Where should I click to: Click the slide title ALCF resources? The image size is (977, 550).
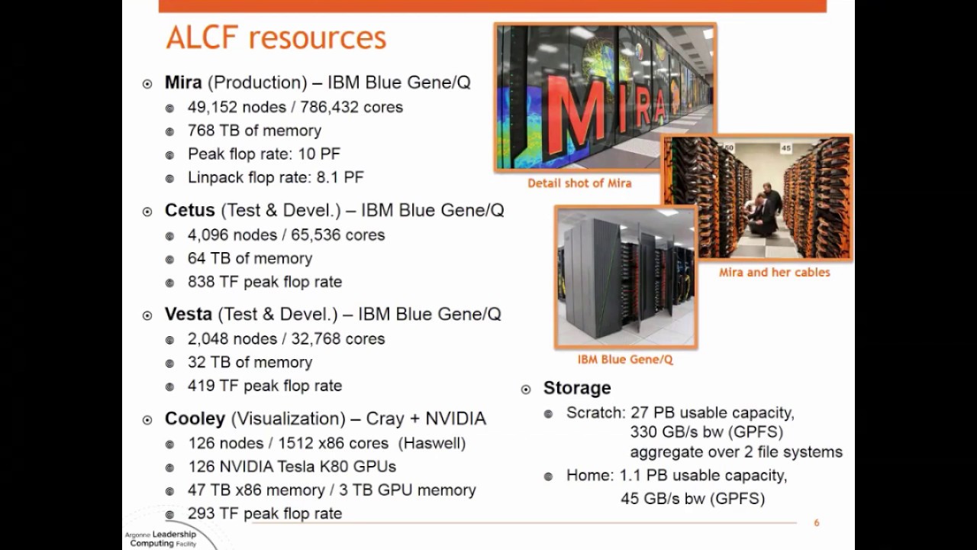(x=276, y=37)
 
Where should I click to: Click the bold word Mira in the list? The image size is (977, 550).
(x=183, y=82)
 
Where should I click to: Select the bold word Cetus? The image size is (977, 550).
(x=190, y=210)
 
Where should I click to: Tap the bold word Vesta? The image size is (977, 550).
(x=189, y=314)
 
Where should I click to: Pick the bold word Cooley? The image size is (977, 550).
(x=195, y=419)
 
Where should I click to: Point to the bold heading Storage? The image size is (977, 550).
(x=577, y=388)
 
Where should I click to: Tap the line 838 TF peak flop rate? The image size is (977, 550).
(x=265, y=282)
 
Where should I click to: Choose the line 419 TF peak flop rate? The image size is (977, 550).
(x=265, y=386)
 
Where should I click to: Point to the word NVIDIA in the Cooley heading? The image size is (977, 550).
(x=455, y=419)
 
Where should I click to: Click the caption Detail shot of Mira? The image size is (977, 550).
(x=579, y=183)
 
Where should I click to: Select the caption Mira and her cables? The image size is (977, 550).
(x=774, y=272)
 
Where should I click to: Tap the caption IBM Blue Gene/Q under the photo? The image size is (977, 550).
(x=625, y=360)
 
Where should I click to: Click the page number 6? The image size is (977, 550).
(x=817, y=523)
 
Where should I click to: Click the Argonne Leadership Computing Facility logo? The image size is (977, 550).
(x=162, y=538)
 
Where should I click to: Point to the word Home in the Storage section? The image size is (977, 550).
(x=588, y=475)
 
